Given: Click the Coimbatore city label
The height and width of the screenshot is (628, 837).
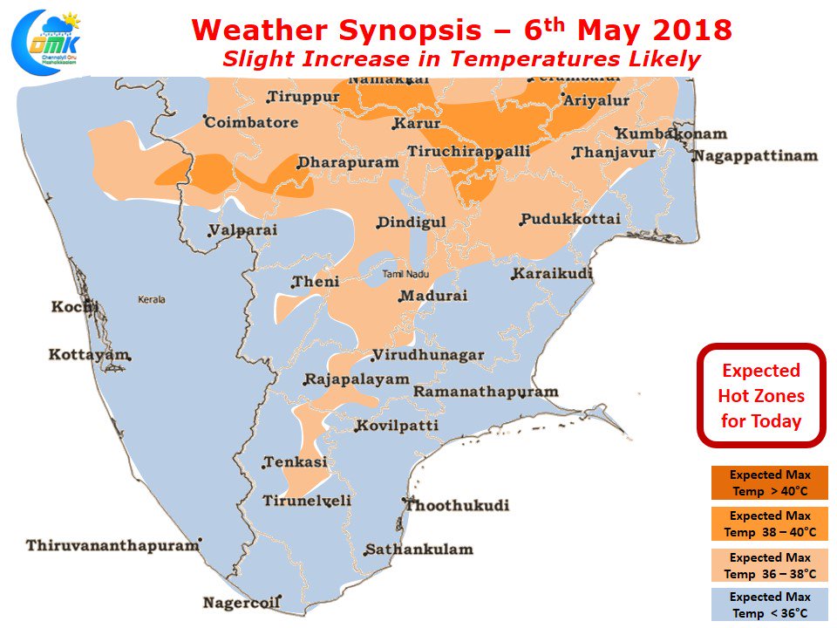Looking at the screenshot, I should (251, 123).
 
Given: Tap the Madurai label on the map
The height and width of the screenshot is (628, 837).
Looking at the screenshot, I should (434, 296).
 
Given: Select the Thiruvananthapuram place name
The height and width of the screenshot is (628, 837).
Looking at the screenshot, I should (112, 545).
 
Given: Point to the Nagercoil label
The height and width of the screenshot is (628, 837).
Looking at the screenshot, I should (241, 603).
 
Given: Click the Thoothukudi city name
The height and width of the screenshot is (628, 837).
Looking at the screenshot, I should (458, 505).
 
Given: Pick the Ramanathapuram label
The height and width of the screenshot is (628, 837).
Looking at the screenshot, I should (485, 392).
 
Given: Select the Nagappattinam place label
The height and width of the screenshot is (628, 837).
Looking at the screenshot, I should (756, 156).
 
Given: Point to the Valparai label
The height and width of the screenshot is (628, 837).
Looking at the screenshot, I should (243, 230).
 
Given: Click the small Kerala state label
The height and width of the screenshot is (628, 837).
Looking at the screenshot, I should (151, 299).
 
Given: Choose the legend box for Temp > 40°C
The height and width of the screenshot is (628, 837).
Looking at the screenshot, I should (770, 483).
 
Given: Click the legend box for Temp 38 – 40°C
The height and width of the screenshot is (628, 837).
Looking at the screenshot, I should (770, 524).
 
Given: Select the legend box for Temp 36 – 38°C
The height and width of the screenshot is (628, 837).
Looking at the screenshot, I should (770, 565).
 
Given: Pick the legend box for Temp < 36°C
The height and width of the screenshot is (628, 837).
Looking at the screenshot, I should (770, 604).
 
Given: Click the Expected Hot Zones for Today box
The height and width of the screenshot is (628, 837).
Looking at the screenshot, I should (760, 395).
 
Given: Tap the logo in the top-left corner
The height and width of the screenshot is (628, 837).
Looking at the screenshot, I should (44, 42).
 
